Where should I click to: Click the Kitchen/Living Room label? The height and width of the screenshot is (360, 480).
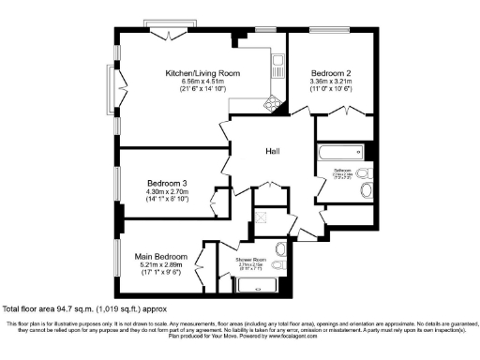click(202, 73)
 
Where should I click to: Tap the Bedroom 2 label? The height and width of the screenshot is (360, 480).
click(330, 73)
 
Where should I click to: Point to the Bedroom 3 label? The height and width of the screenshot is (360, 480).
click(167, 183)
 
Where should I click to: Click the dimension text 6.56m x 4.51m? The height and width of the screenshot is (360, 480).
click(202, 82)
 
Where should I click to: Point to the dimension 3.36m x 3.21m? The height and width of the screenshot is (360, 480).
click(330, 82)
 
